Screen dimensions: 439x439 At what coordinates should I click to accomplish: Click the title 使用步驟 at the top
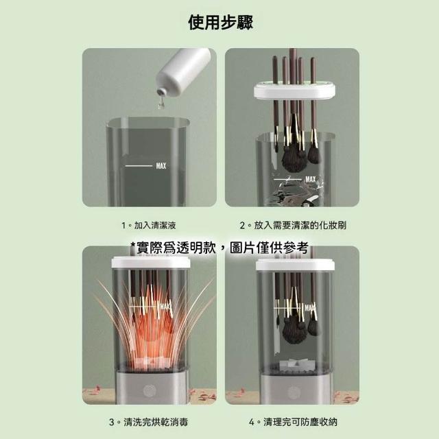(x=221, y=23)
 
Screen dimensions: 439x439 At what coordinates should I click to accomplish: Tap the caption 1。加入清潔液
(x=149, y=225)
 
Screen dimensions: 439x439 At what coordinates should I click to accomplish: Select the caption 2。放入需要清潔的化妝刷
(x=293, y=225)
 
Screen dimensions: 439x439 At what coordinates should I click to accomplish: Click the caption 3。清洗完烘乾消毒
(x=149, y=422)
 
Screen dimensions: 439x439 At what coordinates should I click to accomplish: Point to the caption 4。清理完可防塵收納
(x=293, y=422)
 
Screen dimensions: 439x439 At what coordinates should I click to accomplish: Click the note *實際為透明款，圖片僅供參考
(x=219, y=248)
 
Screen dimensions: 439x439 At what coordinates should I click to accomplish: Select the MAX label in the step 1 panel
(x=161, y=166)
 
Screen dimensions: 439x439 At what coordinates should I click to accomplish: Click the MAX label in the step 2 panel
(x=311, y=179)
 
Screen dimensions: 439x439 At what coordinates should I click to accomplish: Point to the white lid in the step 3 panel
(x=151, y=262)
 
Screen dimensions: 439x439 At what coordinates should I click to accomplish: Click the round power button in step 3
(x=150, y=391)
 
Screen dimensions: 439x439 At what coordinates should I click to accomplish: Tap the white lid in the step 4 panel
(x=294, y=265)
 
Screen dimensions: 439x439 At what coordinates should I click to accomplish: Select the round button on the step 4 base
(x=294, y=392)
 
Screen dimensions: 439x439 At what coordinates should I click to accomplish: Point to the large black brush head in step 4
(x=294, y=332)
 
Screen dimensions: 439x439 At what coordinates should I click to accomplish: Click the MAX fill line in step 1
(x=139, y=166)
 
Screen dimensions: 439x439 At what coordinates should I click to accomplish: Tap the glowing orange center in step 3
(x=150, y=336)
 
